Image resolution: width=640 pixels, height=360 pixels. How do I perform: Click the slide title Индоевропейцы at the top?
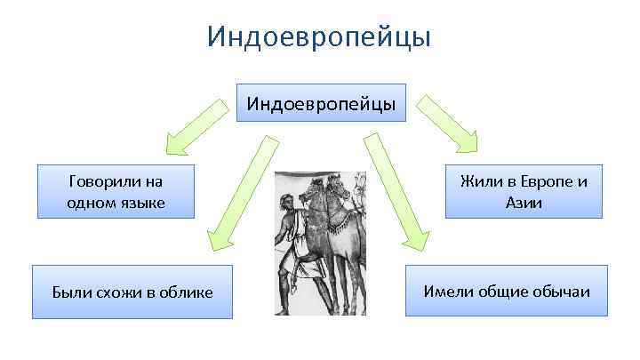coord(319,36)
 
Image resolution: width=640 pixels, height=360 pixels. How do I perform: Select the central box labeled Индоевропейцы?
coord(321,104)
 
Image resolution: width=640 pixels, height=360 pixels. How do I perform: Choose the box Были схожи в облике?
coord(132,292)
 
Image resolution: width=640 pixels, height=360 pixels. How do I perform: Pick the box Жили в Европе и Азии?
coord(524,192)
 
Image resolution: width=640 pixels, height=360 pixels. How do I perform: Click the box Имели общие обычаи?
coord(507,291)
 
